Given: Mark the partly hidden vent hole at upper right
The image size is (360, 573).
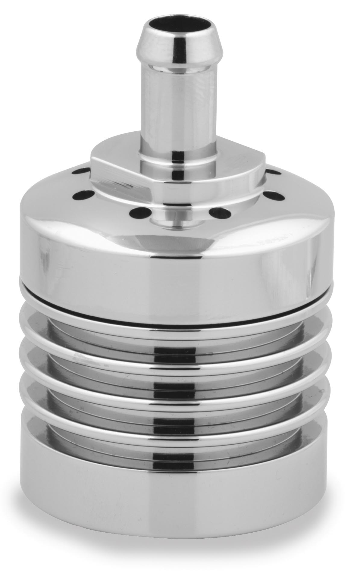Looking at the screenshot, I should (273, 172).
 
